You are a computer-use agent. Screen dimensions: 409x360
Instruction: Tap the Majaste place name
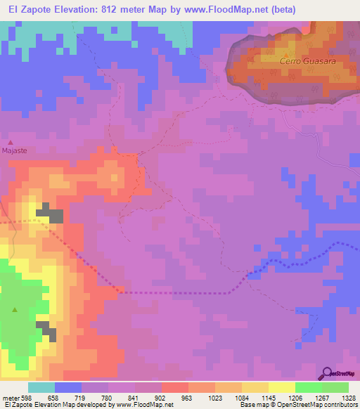14,150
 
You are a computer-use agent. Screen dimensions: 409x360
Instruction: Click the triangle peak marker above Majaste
10,143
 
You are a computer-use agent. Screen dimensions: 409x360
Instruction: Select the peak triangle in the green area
15,309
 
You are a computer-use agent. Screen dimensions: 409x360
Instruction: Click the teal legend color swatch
41,387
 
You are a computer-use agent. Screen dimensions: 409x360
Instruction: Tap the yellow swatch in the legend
281,387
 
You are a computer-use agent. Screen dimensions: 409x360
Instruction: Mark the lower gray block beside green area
46,330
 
